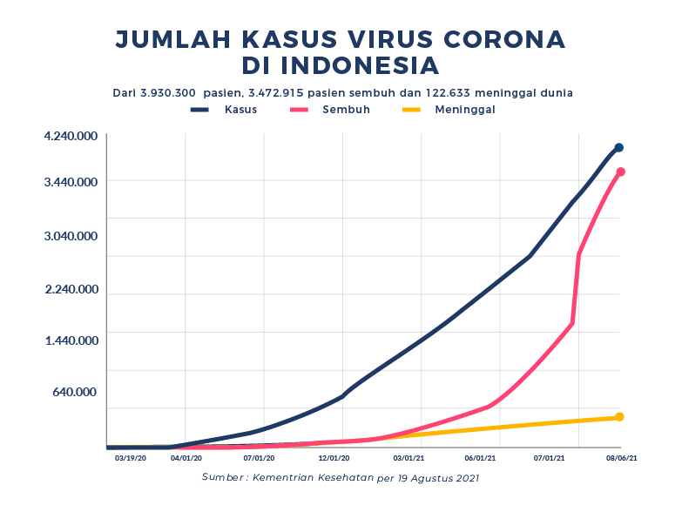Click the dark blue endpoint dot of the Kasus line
pyautogui.click(x=618, y=148)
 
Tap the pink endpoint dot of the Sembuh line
pyautogui.click(x=620, y=172)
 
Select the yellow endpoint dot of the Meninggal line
pyautogui.click(x=619, y=417)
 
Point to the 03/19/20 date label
pyautogui.click(x=131, y=456)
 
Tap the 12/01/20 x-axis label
pyautogui.click(x=334, y=456)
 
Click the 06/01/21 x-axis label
pyautogui.click(x=481, y=456)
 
